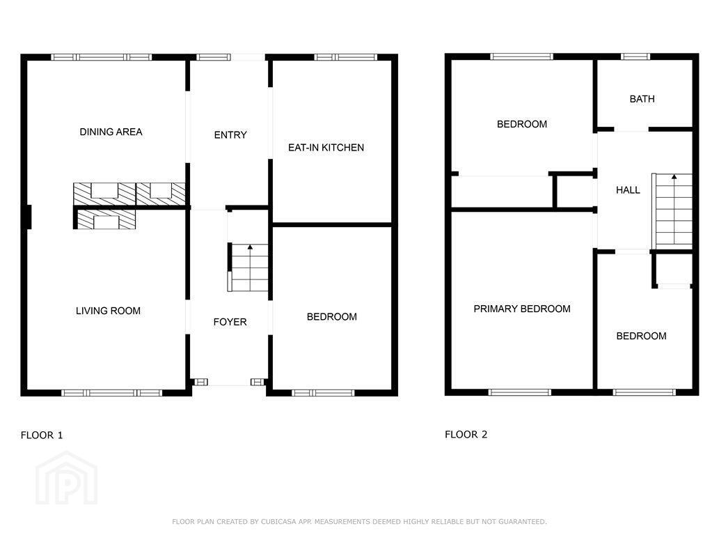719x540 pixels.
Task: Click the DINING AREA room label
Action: [x=111, y=132]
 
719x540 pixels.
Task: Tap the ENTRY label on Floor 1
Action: [x=230, y=135]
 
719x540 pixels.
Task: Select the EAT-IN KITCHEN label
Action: [x=326, y=148]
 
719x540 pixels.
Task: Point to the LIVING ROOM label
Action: [x=108, y=311]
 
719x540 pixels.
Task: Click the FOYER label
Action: [x=230, y=322]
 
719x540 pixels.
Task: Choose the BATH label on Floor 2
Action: [x=642, y=99]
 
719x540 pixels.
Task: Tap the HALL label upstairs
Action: [x=628, y=190]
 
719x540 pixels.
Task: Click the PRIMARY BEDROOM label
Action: [x=522, y=309]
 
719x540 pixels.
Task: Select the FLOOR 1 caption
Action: [x=42, y=435]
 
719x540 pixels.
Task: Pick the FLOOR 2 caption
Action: [x=466, y=434]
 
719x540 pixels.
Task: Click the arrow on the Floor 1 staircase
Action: [x=250, y=247]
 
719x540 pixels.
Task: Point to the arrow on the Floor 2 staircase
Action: [x=674, y=177]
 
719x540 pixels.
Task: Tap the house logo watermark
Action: [x=67, y=478]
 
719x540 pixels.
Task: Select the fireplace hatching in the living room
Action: [x=106, y=219]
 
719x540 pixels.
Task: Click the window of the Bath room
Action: [x=635, y=56]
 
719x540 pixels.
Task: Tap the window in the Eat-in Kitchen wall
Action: [x=345, y=57]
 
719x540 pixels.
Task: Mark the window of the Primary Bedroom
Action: [x=519, y=392]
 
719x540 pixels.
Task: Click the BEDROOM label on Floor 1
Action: [x=331, y=317]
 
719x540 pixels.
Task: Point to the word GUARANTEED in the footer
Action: [x=523, y=522]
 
